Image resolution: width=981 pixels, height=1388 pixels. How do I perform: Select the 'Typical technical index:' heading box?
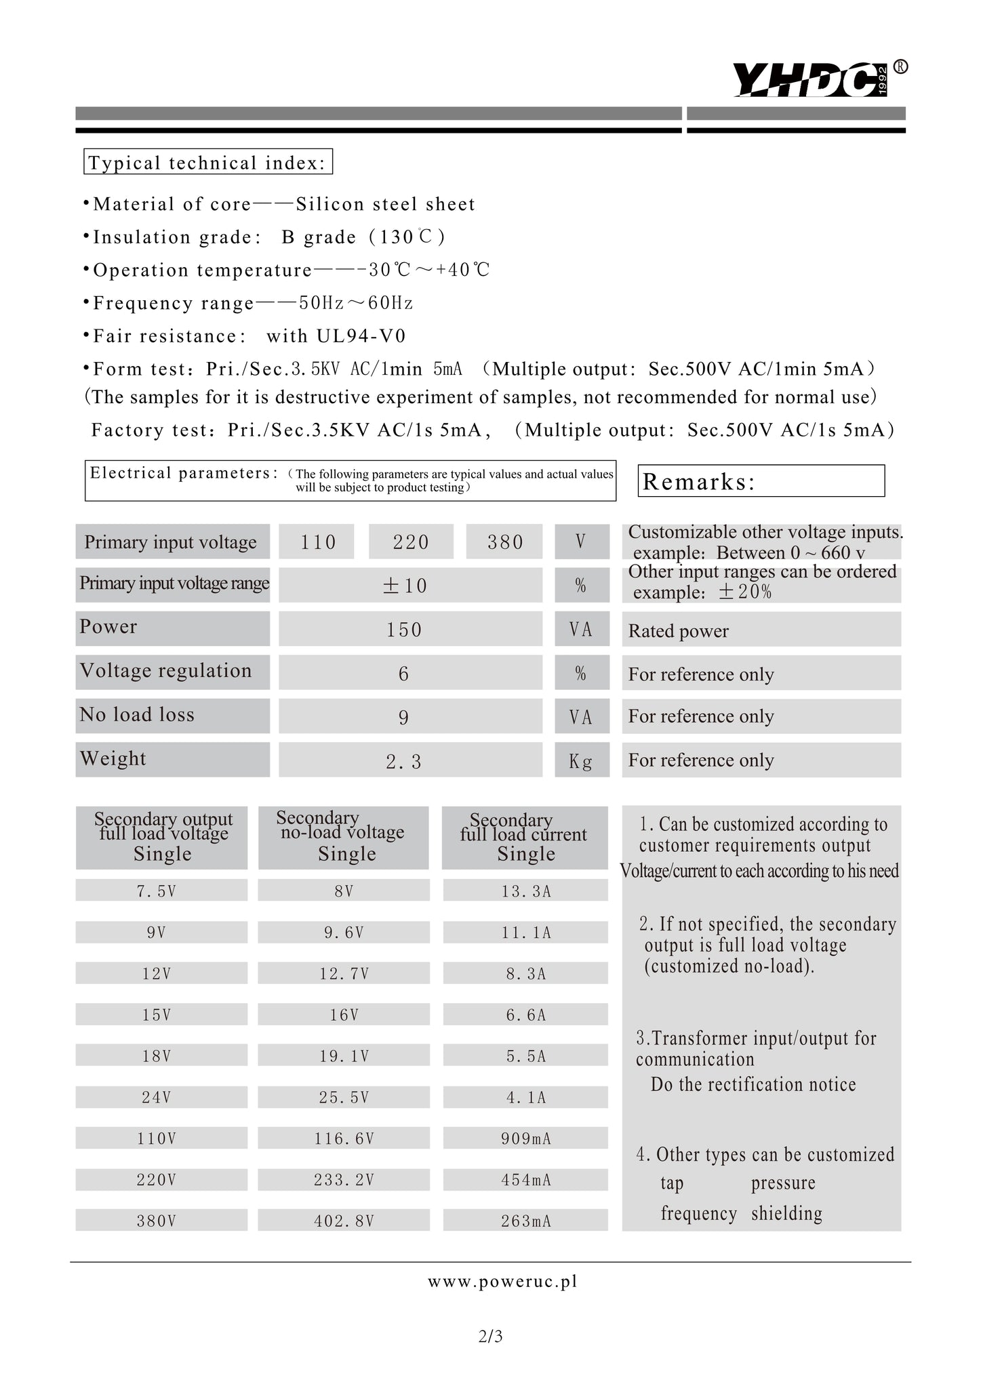207,163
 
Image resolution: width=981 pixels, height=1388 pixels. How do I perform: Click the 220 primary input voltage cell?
411,542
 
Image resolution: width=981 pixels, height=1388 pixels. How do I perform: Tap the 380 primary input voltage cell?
505,542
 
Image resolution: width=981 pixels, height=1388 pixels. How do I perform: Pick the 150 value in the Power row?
405,630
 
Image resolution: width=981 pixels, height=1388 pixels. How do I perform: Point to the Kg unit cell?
581,761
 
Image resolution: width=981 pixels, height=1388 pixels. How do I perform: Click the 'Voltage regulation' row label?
166,671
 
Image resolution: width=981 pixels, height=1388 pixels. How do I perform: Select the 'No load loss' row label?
137,715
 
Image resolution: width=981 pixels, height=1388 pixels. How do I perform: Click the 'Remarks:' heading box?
761,481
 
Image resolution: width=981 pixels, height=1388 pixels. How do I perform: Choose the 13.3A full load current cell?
526,891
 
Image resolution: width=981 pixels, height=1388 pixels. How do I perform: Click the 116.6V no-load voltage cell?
344,1139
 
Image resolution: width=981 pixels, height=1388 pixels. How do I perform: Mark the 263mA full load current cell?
526,1221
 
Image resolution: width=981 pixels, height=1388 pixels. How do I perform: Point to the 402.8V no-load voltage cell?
344,1221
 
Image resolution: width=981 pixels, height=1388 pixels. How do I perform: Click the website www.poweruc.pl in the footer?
502,1281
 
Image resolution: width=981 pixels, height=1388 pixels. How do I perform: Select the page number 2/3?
490,1336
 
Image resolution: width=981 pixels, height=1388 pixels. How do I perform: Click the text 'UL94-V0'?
361,336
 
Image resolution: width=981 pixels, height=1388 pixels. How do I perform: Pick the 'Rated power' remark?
679,631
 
